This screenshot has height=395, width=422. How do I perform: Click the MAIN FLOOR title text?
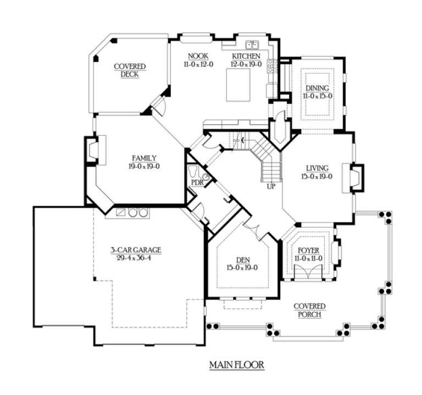tap(237, 364)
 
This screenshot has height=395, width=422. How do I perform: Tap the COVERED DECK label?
tap(126, 70)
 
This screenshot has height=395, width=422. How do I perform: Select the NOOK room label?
tap(197, 56)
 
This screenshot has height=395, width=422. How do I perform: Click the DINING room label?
tap(317, 88)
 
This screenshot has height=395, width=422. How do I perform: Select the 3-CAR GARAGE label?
tap(135, 250)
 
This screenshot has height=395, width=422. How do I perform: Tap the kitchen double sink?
tap(252, 45)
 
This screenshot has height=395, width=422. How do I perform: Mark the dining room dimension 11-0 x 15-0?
tap(317, 96)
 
